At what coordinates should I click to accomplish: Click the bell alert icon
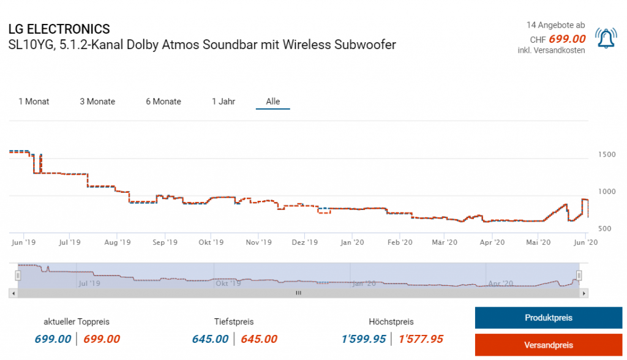(606, 39)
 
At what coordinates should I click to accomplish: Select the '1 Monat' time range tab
(34, 102)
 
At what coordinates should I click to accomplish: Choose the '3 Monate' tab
(97, 102)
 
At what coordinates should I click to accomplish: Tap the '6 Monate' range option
(163, 102)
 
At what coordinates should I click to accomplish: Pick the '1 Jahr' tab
(223, 102)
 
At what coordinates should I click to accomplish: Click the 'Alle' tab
(273, 102)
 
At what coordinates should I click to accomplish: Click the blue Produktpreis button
(548, 318)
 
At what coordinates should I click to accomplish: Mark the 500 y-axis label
(606, 229)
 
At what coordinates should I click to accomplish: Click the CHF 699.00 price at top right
(566, 39)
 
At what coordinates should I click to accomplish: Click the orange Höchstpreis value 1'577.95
(421, 339)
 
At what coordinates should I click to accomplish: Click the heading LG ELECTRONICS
(59, 29)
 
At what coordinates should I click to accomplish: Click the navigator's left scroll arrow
(12, 293)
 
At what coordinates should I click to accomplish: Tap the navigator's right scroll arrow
(585, 293)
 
